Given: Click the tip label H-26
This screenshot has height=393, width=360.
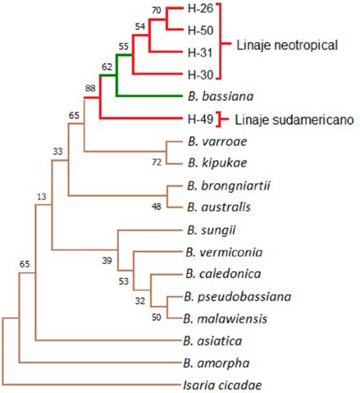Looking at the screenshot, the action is coord(200,8).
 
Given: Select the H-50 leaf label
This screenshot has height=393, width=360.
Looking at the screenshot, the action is coord(200,30).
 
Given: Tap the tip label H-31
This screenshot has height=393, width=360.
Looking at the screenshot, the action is coord(200,53).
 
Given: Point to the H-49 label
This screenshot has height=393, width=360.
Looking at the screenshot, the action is coord(200,119).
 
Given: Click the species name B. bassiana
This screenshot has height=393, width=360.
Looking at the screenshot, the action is coord(221,96).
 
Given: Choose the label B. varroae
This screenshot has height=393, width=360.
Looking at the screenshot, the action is coord(217,141).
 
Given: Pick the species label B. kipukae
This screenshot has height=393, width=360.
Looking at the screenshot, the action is coord(217,162).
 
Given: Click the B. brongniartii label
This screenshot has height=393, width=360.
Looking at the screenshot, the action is coord(229,185).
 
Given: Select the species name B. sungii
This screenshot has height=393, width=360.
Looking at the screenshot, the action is coord(212,231).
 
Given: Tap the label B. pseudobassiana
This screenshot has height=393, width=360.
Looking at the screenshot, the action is coord(238,297).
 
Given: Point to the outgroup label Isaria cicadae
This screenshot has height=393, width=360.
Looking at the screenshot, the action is coord(222,385).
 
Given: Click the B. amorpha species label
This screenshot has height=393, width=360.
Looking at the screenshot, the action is coord(216,363).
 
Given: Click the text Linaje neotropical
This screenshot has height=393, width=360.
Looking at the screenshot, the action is coord(287,45).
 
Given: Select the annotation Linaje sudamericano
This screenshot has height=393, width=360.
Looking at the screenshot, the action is coord(294,120).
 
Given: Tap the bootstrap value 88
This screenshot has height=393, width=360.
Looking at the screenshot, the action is coord(90,88).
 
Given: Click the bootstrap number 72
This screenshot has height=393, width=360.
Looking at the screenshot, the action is coord(157,162).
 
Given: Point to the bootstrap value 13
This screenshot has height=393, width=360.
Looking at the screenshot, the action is coord(42,197).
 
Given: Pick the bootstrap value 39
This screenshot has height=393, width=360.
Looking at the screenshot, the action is coord(107,260).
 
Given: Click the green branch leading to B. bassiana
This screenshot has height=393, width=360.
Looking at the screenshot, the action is coord(149,96).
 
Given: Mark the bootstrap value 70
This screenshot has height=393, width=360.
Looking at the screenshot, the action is coord(156,11).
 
